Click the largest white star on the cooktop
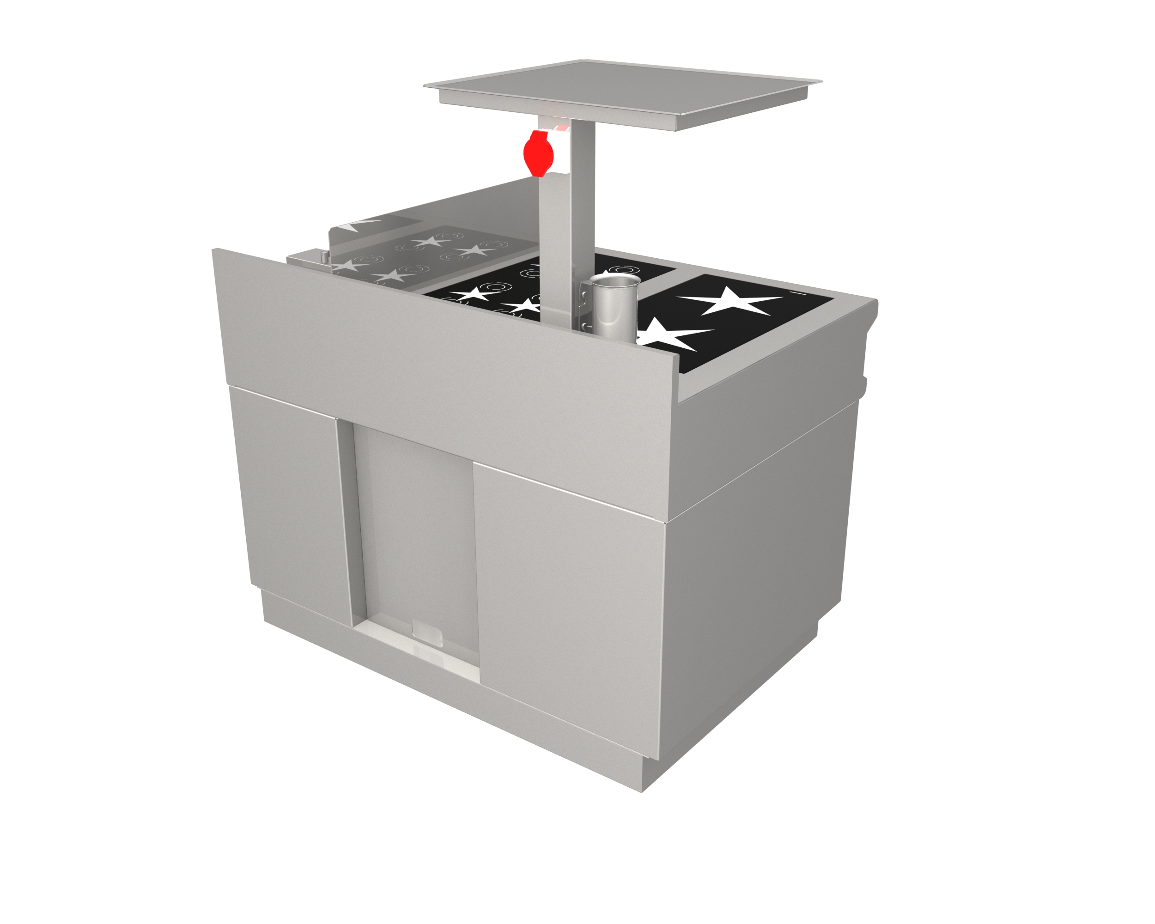[x=732, y=302]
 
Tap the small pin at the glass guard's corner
[x=325, y=258]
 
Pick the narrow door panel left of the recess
[x=292, y=504]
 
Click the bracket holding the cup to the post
[x=584, y=308]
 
